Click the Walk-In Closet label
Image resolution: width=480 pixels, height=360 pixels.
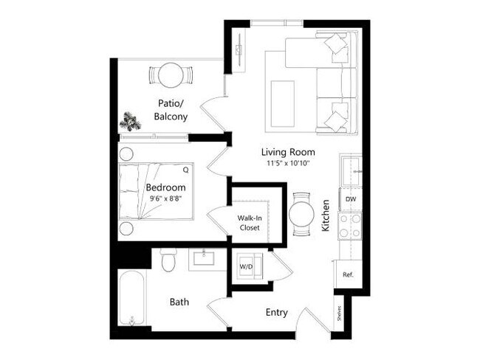[x=248, y=223]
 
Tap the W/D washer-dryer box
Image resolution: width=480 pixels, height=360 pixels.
[x=247, y=265]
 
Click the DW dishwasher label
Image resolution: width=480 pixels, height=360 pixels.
[x=349, y=199]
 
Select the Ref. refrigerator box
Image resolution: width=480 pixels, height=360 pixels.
[x=348, y=274]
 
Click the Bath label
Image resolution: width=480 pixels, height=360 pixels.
[x=179, y=302]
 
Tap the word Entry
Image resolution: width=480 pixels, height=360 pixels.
[x=276, y=312]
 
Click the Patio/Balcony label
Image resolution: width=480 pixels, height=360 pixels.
[x=171, y=110]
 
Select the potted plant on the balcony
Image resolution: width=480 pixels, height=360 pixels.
[x=131, y=120]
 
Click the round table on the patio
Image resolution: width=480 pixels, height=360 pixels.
[x=171, y=75]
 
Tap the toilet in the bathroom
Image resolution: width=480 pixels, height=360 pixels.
[x=168, y=260]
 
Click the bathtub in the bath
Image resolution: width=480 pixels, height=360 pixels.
[x=132, y=299]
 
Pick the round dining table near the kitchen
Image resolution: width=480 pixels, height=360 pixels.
[x=302, y=215]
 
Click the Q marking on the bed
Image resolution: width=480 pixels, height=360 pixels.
[x=185, y=170]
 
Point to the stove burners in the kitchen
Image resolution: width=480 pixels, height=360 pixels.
[x=349, y=225]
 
